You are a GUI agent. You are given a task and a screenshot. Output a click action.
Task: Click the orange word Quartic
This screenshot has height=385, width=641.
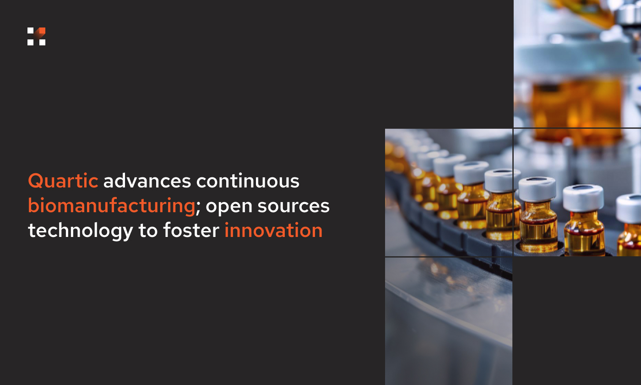click(x=63, y=181)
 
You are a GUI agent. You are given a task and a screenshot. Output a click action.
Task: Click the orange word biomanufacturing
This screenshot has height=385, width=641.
click(x=112, y=206)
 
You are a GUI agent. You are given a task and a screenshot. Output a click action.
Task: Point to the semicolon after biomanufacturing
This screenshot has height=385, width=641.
click(x=198, y=207)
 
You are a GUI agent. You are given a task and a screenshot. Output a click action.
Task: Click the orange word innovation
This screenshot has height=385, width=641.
click(x=273, y=231)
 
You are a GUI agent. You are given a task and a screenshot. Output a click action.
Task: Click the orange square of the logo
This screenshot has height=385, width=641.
click(x=42, y=31)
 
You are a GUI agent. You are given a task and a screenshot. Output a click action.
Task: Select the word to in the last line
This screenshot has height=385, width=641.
click(x=148, y=231)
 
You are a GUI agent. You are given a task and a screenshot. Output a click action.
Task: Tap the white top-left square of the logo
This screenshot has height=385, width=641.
click(x=31, y=31)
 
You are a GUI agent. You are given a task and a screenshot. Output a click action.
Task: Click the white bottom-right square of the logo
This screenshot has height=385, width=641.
click(x=42, y=42)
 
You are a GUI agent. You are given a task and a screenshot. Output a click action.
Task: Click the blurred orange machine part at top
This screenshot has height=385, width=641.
click(x=577, y=105)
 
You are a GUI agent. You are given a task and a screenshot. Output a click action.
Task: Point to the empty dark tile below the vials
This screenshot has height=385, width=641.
click(x=577, y=321)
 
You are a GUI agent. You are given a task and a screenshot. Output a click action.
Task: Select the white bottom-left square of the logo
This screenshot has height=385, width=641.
click(x=31, y=42)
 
